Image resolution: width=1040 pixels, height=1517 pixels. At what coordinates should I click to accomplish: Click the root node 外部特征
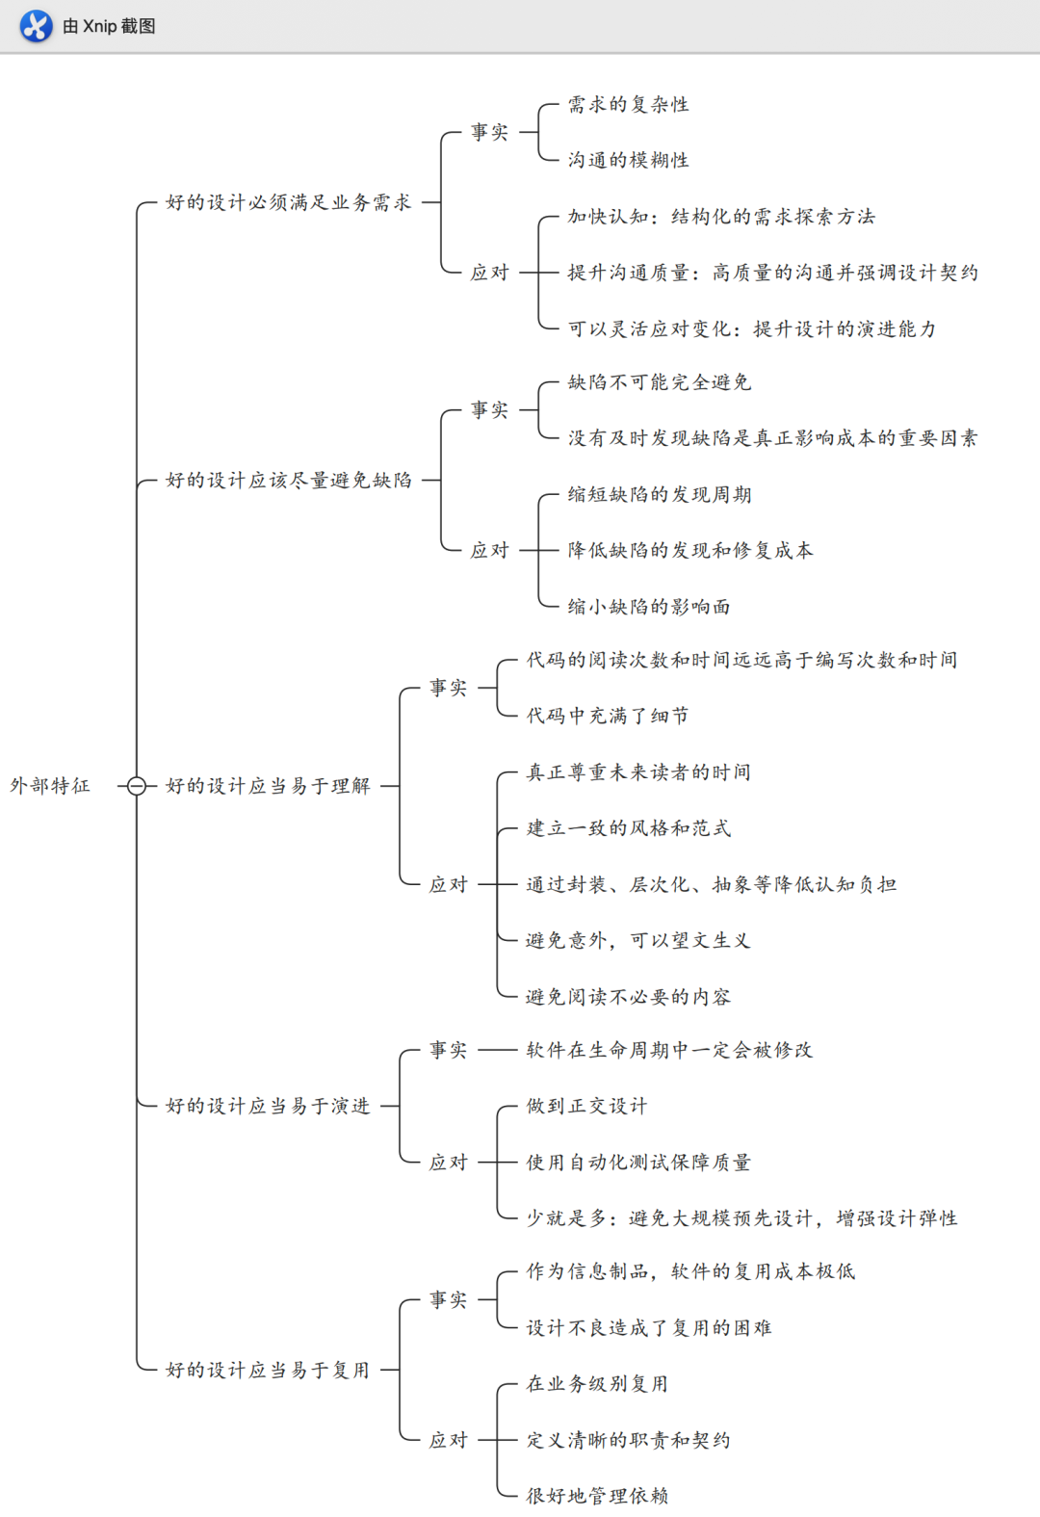[50, 786]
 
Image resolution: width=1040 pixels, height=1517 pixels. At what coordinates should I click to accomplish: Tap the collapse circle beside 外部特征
[137, 786]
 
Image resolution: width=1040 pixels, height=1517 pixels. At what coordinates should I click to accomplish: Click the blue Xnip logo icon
[36, 26]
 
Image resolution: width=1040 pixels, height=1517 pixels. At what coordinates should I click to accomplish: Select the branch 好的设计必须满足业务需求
[288, 202]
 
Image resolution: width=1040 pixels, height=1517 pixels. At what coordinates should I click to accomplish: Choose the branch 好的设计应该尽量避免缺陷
[288, 480]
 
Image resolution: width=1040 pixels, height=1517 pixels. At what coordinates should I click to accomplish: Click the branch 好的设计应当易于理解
[268, 786]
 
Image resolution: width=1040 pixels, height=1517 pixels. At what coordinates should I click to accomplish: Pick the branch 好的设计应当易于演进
[268, 1106]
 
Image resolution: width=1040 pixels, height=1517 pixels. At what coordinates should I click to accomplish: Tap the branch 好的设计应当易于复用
[268, 1370]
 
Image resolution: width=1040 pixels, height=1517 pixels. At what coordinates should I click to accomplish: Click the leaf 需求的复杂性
[628, 104]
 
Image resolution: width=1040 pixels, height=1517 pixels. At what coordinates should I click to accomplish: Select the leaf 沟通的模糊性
[628, 160]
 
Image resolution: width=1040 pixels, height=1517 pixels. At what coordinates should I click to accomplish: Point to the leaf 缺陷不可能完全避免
[659, 382]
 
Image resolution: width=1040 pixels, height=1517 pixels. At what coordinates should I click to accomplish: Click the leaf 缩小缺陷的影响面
[648, 607]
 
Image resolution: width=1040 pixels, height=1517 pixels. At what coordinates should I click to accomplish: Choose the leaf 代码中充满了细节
[607, 716]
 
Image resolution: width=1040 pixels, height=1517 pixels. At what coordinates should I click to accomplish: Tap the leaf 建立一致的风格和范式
[628, 828]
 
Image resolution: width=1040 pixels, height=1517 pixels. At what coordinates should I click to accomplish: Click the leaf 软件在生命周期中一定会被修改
[669, 1050]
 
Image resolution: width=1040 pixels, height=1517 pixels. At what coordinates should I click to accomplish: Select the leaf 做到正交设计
[586, 1106]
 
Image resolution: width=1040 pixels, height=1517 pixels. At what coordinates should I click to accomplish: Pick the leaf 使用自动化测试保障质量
[638, 1163]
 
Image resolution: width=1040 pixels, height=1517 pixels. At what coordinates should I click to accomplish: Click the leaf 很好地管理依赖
[597, 1496]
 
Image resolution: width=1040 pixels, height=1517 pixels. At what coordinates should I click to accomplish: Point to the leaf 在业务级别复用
[597, 1384]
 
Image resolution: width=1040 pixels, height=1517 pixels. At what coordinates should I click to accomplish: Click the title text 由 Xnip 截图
[109, 26]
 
